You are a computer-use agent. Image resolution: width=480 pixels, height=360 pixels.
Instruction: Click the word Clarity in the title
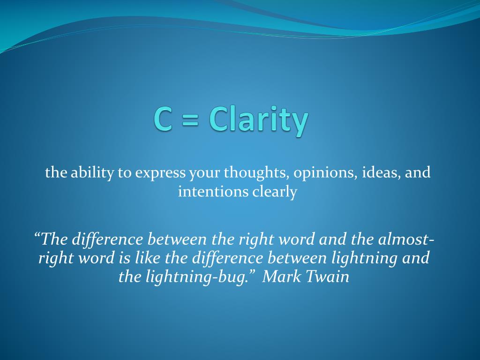pos(259,120)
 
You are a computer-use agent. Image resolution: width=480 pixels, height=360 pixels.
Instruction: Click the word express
pos(160,174)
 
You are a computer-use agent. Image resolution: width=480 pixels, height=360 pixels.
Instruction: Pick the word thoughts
pos(256,173)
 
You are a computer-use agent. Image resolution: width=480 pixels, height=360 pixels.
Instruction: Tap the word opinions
pos(326,174)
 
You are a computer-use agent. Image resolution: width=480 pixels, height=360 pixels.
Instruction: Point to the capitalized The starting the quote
pos(53,239)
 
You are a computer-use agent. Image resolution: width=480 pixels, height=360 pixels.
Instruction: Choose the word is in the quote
pos(124,258)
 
